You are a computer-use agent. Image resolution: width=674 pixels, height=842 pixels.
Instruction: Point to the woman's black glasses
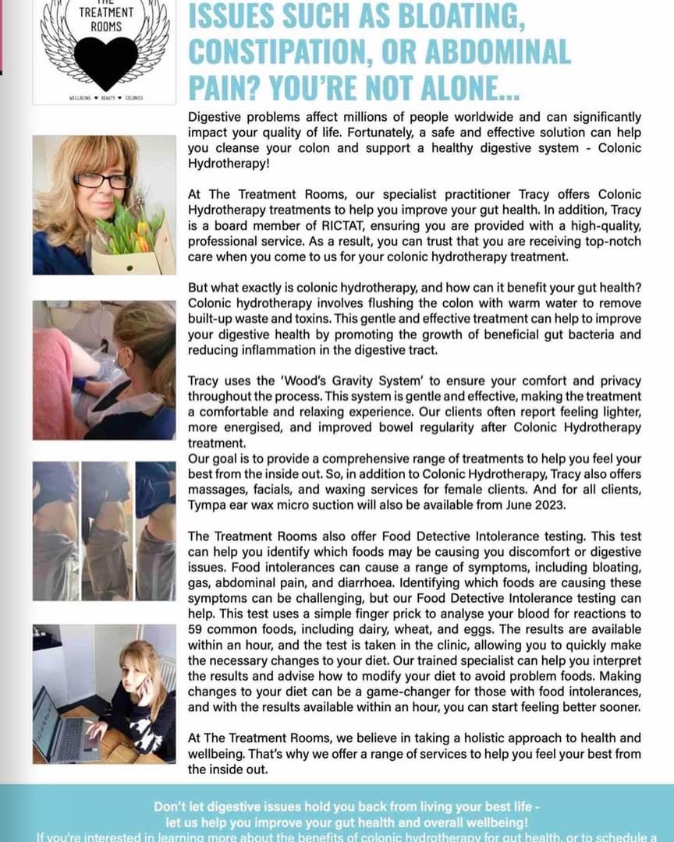(101, 180)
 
